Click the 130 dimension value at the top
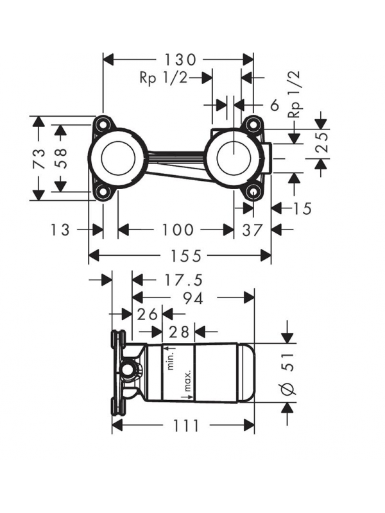click(x=179, y=60)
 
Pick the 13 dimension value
click(x=60, y=229)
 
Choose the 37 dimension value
click(x=253, y=229)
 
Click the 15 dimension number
click(x=302, y=208)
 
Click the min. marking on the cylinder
click(x=171, y=357)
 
